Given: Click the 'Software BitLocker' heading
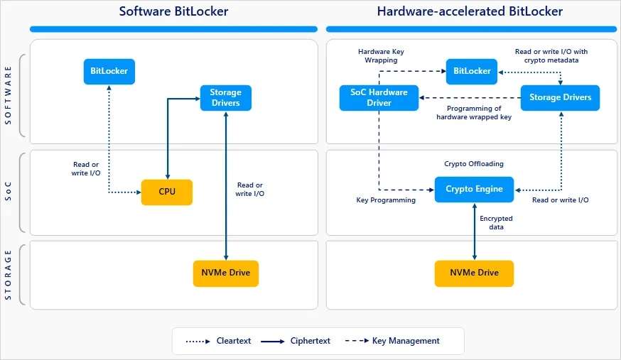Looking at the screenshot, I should (x=173, y=11).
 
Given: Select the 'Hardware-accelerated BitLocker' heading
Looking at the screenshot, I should (x=470, y=11).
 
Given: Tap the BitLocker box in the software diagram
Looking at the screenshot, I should (x=109, y=71).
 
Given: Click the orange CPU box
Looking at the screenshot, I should (x=167, y=192).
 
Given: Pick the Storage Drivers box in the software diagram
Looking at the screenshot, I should (x=225, y=97).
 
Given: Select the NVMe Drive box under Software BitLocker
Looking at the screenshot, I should (x=226, y=273).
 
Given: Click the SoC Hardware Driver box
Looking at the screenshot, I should (x=379, y=97).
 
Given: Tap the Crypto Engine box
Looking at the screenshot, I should (x=474, y=189).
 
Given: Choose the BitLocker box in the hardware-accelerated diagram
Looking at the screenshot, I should (x=472, y=71).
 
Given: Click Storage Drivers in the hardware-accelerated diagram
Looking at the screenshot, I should (x=560, y=97).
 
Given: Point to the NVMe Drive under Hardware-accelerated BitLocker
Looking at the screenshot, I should (x=474, y=273).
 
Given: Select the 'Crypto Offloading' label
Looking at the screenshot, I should (x=473, y=164).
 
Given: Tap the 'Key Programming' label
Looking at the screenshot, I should (x=386, y=200).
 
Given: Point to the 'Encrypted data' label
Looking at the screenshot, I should (x=496, y=223).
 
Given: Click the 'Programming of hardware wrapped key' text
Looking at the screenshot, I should (x=473, y=113).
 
